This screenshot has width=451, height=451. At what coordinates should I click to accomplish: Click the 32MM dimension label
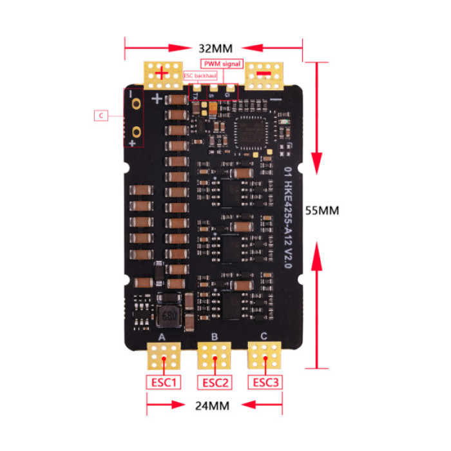[x=215, y=48]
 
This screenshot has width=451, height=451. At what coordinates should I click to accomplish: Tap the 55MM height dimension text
[x=321, y=210]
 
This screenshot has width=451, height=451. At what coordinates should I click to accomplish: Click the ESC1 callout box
[x=164, y=382]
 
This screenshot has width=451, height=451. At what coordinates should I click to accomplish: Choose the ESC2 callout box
[x=215, y=382]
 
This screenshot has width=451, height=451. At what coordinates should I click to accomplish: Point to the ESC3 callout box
[x=265, y=382]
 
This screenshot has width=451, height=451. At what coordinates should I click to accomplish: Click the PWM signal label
[x=222, y=64]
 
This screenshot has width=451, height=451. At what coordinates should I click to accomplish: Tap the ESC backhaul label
[x=200, y=75]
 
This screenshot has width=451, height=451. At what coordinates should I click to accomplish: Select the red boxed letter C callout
[x=101, y=116]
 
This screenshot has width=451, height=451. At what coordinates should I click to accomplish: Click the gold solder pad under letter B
[x=215, y=354]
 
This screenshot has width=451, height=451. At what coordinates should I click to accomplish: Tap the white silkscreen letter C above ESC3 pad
[x=264, y=336]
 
